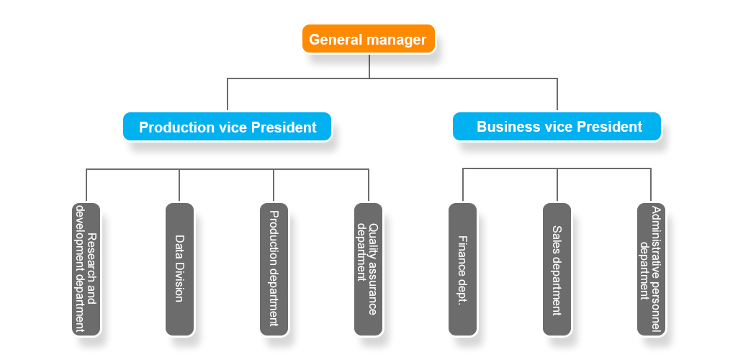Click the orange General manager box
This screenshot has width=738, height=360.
pyautogui.click(x=368, y=39)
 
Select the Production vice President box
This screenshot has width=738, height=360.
pyautogui.click(x=228, y=127)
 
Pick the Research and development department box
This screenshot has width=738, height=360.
pyautogui.click(x=86, y=269)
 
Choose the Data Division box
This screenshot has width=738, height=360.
pyautogui.click(x=179, y=269)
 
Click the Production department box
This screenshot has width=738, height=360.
pyautogui.click(x=274, y=269)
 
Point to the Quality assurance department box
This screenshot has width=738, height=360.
pyautogui.click(x=368, y=269)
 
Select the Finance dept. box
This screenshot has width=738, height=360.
pyautogui.click(x=462, y=269)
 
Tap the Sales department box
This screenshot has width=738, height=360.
pyautogui.click(x=557, y=269)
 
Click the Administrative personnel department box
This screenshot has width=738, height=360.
pyautogui.click(x=651, y=269)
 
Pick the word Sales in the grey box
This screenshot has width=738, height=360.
pyautogui.click(x=557, y=238)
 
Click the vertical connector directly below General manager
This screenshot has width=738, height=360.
pyautogui.click(x=369, y=66)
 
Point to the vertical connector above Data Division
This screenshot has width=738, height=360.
pyautogui.click(x=179, y=185)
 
